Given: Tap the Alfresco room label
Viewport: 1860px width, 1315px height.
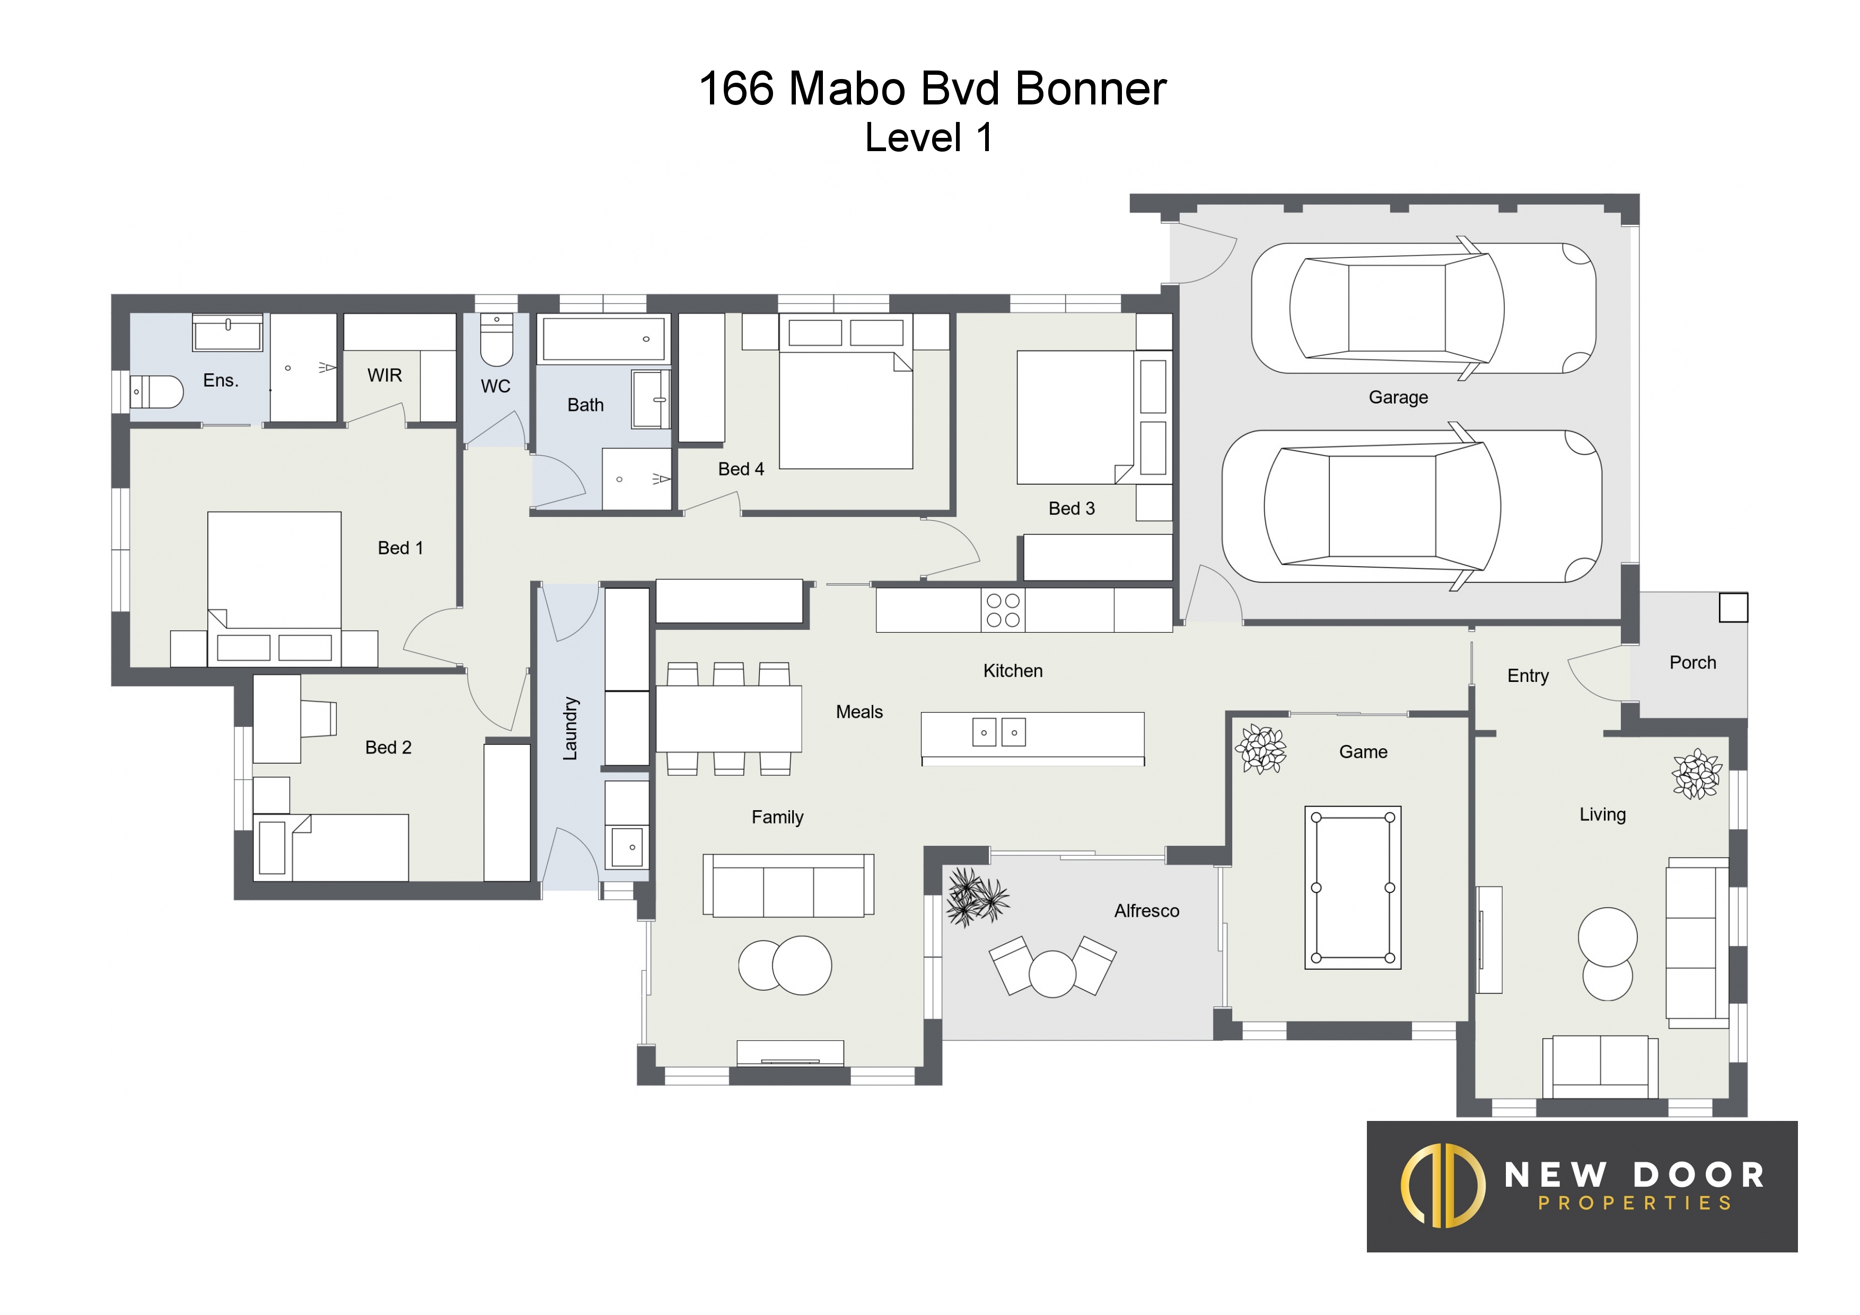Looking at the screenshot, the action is tap(1146, 911).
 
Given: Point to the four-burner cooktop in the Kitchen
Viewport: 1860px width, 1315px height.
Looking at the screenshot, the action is tap(1003, 610).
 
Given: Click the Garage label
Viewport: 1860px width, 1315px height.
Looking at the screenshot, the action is tap(1398, 397).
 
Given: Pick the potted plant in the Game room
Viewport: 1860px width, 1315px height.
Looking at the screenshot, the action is tap(1260, 749).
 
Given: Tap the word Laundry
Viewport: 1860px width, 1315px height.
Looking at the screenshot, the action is tap(571, 729).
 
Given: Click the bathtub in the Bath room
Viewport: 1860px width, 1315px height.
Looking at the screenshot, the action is tap(603, 339).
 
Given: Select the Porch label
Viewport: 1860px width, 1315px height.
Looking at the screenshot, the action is tap(1693, 663).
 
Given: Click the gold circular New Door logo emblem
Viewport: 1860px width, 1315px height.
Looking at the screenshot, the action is tap(1443, 1186).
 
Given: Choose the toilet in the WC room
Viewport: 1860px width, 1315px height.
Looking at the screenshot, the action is tap(497, 340).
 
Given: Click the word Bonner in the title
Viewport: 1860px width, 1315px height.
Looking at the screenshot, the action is tap(1091, 89).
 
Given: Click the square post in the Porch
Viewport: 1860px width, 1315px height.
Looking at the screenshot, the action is tap(1734, 608).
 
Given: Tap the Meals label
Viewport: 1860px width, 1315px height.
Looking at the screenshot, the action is tap(859, 712).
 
